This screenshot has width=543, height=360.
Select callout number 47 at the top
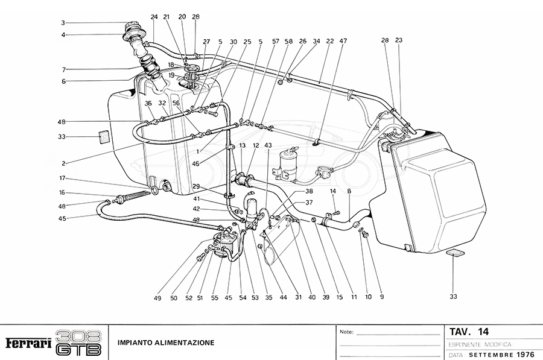tap(343, 42)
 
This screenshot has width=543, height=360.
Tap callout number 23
tap(399, 40)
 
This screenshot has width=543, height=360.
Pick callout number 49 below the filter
tap(157, 298)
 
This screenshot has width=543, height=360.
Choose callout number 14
tap(332, 192)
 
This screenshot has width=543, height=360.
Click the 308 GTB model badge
tap(78, 343)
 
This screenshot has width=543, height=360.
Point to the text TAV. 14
tap(469, 332)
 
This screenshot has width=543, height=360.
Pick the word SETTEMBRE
tap(492, 354)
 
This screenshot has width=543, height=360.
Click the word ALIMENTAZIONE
tap(185, 343)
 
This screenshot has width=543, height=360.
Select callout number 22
tap(330, 42)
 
